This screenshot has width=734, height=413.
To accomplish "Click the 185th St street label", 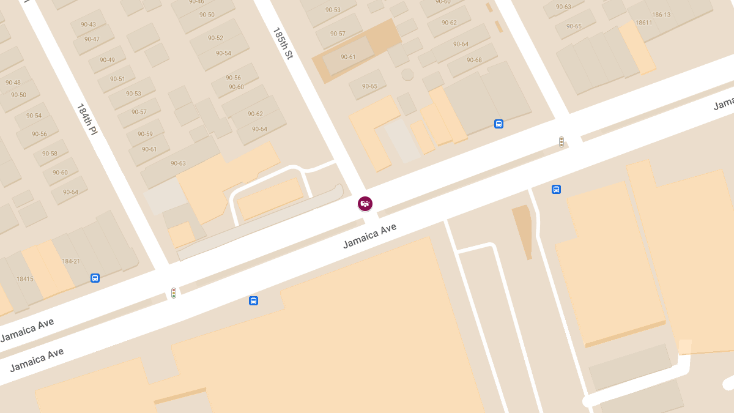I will [x=283, y=43].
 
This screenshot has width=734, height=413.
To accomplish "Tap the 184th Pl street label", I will [x=87, y=119].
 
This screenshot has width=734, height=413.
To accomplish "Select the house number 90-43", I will [x=88, y=24].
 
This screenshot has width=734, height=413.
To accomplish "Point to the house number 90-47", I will [x=92, y=39].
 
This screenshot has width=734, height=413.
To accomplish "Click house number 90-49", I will [x=107, y=60].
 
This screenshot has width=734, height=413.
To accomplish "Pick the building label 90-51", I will [x=117, y=79].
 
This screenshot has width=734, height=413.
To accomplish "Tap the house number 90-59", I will [x=145, y=134].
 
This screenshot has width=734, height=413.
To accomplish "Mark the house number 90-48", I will [x=13, y=83].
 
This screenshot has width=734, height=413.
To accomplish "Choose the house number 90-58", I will [x=50, y=154].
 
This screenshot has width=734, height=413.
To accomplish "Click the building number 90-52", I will [x=215, y=38].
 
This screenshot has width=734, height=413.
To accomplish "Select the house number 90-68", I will [x=474, y=60].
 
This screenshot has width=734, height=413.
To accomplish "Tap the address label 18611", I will [x=643, y=23].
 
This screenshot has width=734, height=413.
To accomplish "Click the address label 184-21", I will [x=71, y=261].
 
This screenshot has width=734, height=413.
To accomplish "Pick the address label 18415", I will [x=24, y=279].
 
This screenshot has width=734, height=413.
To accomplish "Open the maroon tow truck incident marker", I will [x=365, y=204].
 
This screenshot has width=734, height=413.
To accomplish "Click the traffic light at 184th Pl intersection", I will [x=174, y=293].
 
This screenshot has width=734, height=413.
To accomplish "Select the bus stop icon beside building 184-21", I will [x=95, y=278].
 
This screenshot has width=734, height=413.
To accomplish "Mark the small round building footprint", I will [x=407, y=75].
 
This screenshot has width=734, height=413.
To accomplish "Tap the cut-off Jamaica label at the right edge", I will [x=724, y=105].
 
